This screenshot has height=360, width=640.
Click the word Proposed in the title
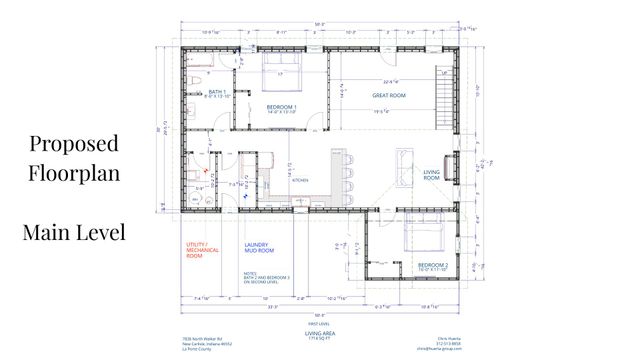74,142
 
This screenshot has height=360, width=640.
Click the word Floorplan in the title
74,172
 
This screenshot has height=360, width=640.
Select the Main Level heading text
74,233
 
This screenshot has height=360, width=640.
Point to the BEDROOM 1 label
282,108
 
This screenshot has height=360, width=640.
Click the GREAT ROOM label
388,96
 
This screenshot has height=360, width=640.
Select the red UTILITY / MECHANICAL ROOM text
202,250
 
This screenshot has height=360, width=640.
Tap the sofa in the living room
405,165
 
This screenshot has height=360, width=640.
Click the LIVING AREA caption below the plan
321,333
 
